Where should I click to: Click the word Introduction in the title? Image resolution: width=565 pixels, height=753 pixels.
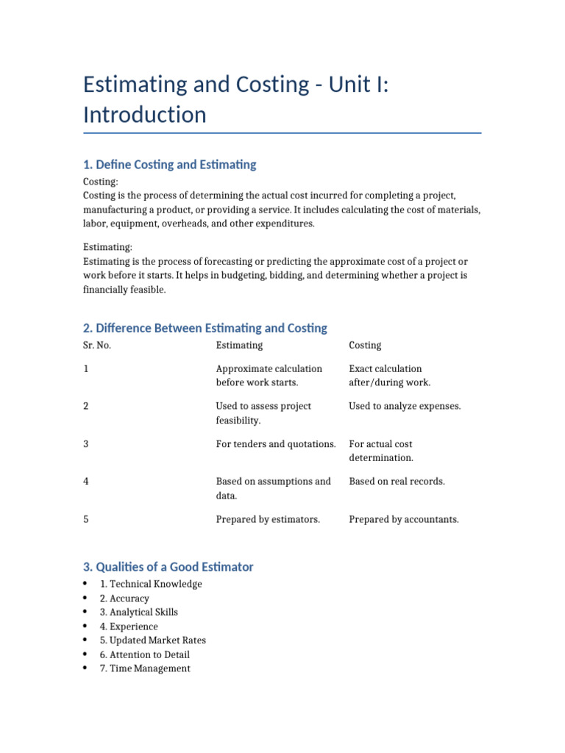tap(145, 115)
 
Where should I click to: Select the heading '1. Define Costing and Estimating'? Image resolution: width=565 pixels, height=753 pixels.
tap(170, 165)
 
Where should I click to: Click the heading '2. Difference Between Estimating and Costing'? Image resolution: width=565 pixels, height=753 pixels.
tap(205, 328)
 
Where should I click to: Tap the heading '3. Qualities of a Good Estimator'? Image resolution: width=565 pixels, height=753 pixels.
tap(168, 567)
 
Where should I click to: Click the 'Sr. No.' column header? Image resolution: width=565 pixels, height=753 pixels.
tap(97, 345)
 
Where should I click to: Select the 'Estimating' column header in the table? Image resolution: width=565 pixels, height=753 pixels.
tap(239, 345)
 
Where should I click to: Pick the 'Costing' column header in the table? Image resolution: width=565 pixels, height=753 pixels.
tap(365, 345)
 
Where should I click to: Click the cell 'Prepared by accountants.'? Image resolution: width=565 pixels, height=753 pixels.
tap(404, 519)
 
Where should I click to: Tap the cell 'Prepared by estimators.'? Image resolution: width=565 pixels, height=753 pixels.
tap(268, 519)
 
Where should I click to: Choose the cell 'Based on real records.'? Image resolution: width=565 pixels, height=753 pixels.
tap(397, 481)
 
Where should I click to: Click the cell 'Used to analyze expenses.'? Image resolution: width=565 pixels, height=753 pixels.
tap(405, 406)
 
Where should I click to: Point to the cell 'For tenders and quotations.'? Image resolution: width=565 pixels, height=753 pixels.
tap(276, 443)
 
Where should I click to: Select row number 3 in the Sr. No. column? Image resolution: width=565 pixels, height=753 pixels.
tap(86, 443)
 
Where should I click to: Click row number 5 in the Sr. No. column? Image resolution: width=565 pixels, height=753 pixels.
tap(86, 519)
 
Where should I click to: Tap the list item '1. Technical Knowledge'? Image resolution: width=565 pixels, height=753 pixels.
tap(151, 584)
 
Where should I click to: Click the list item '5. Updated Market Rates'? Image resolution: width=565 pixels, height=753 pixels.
tap(153, 640)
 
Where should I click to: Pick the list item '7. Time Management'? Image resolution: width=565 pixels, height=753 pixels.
tap(145, 668)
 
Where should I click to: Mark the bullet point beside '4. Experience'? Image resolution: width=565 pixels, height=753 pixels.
tap(86, 627)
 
